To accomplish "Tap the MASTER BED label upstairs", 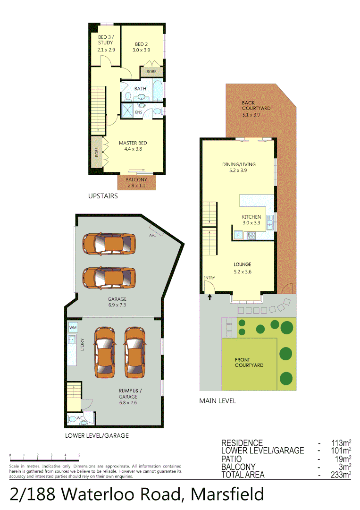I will pos(133,143).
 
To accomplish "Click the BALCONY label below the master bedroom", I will pos(136,180).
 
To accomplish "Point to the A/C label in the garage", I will pos(152,235).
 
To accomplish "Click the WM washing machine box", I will pos(73,327).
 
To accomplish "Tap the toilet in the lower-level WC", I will pos(72,418).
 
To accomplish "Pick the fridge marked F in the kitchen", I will pos(238,235).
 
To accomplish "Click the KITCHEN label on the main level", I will pos(251,217).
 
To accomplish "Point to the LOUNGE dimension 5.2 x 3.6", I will pos(243,272).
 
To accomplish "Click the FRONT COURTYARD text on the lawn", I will pos(249,362).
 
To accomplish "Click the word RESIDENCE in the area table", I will pos(242,443).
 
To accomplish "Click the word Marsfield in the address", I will pos(227,494).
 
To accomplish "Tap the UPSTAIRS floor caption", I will pos(103,195).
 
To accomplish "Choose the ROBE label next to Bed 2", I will pos(151,72).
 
